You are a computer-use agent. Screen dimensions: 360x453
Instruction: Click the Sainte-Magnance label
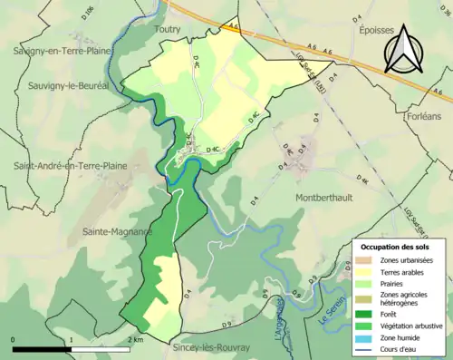coord(116,231)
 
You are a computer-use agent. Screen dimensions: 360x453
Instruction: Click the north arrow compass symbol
coord(403,49)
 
